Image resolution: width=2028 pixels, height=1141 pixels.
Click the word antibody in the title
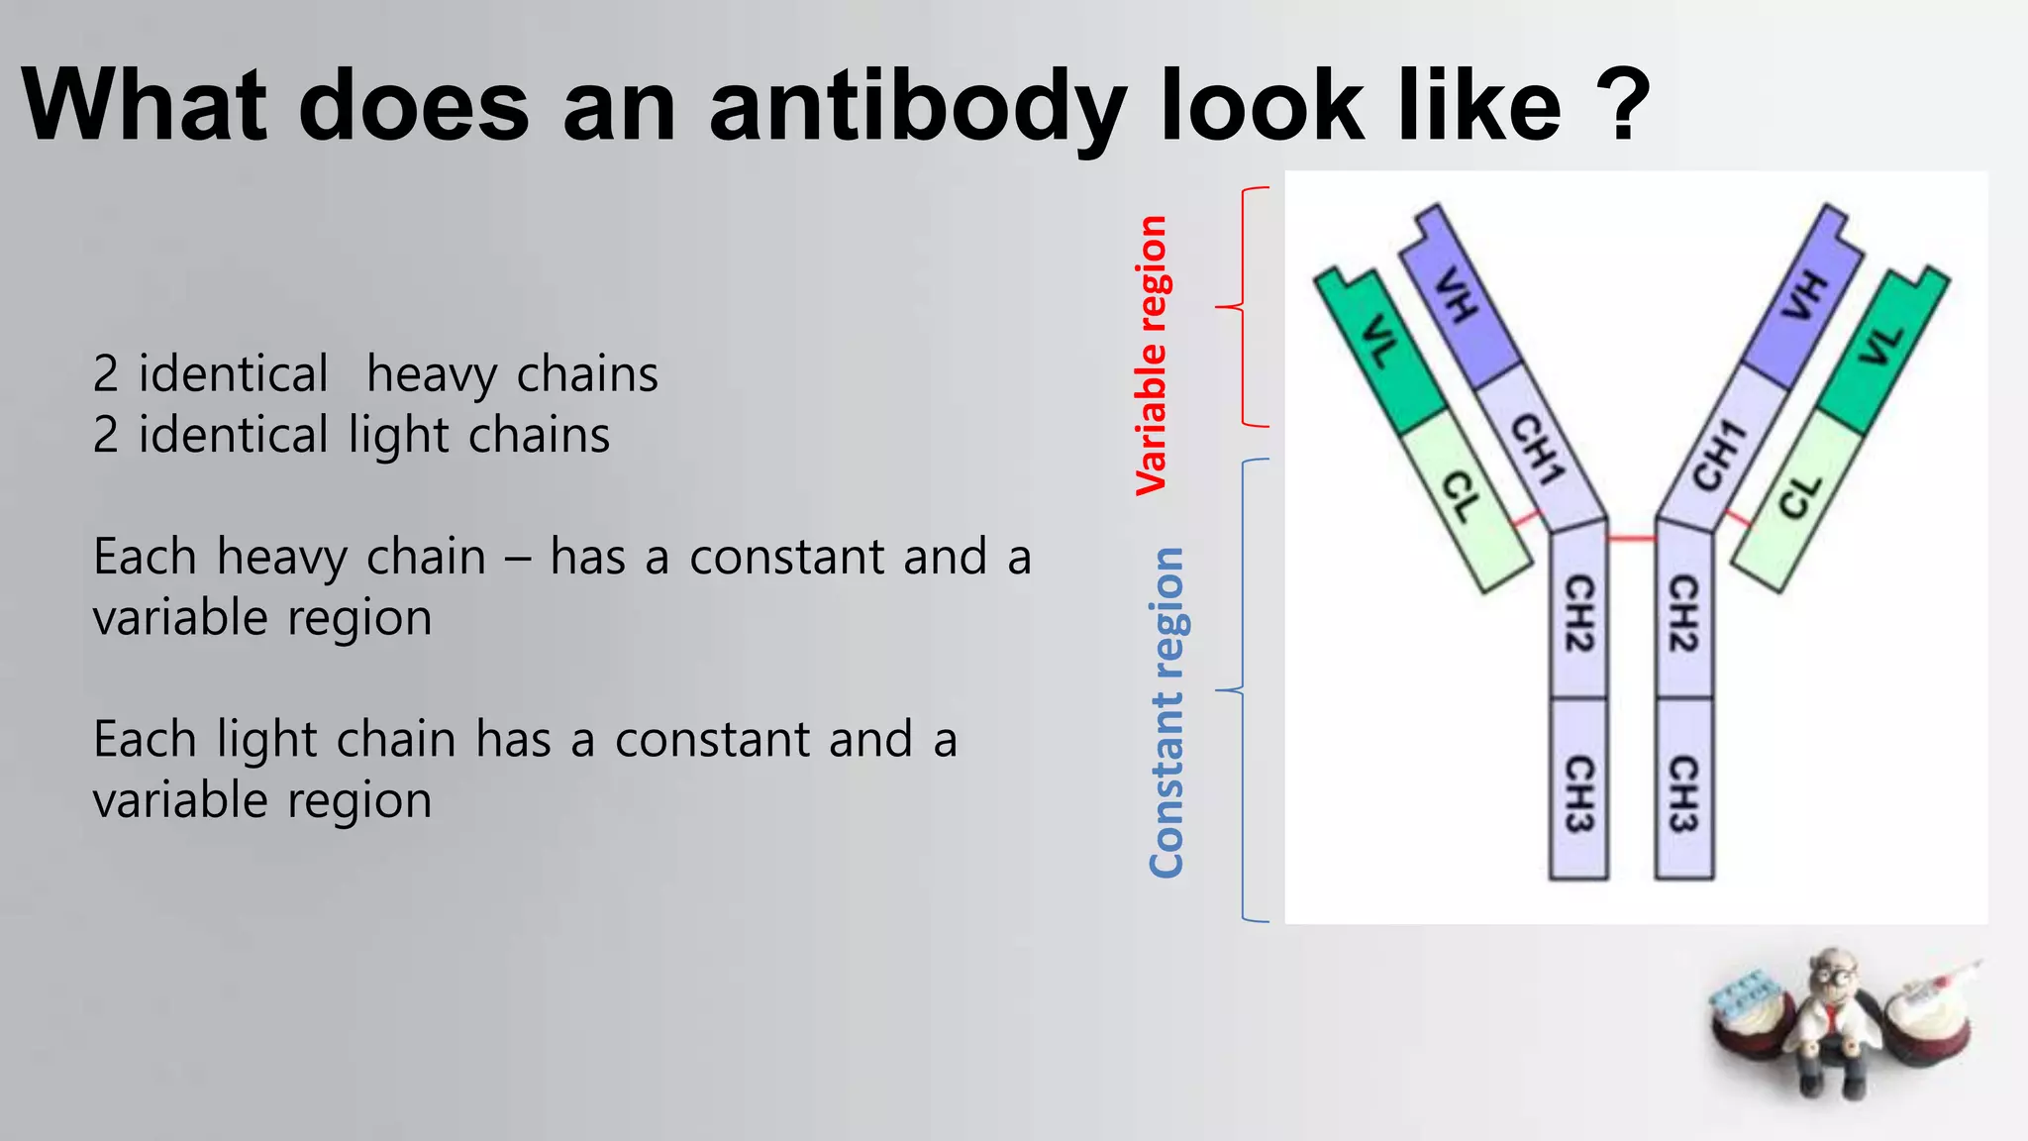[917, 107]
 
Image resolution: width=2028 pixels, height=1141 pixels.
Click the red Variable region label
[1152, 355]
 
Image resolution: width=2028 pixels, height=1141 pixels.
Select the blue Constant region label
[1166, 712]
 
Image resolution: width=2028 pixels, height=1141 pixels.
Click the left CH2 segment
[1578, 614]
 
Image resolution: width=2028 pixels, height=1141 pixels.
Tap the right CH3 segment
[1684, 792]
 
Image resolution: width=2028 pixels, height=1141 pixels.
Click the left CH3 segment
[1578, 792]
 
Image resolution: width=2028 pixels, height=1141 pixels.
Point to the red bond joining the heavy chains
[1631, 539]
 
